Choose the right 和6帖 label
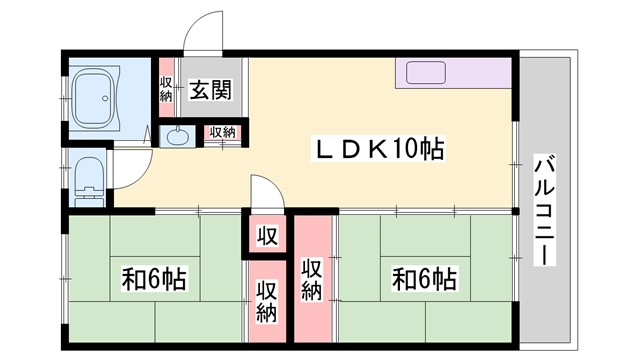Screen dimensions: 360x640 424,278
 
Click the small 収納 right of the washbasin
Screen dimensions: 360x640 222,132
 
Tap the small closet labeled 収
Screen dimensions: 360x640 267,236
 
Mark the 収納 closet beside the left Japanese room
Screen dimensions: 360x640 266,300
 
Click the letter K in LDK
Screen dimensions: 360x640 378,151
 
